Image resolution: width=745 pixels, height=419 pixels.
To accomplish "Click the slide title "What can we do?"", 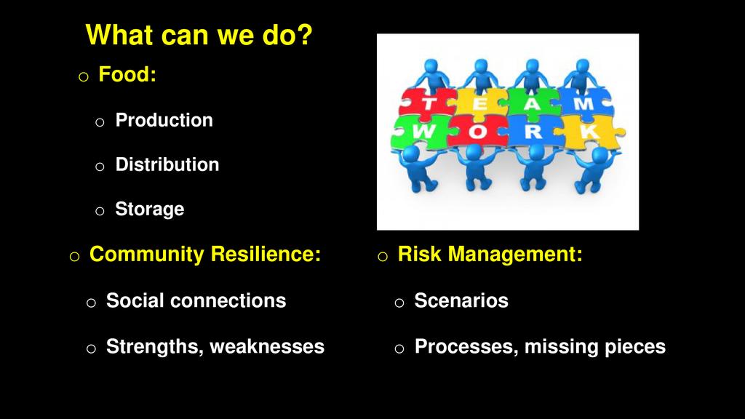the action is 199,35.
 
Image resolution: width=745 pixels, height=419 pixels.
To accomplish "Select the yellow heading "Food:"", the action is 127,74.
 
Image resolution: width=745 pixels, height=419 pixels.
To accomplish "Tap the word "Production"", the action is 164,120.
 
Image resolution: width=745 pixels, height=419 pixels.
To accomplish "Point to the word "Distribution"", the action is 167,164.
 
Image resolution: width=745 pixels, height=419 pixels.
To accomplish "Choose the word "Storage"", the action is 150,209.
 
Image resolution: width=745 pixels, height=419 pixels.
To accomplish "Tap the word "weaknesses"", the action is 267,346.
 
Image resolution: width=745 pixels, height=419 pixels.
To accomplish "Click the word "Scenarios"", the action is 461,300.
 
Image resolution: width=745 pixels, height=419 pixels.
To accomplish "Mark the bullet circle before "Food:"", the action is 84,76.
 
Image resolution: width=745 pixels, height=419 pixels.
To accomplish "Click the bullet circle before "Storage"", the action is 100,211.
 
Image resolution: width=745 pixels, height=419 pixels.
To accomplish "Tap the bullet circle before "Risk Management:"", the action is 383,257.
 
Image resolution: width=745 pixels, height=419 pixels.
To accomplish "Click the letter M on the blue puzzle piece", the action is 583,103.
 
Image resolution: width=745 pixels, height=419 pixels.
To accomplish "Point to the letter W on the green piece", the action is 423,132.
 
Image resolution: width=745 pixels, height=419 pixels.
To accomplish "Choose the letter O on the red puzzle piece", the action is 477,132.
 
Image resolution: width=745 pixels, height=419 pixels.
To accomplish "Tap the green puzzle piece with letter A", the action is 532,103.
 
